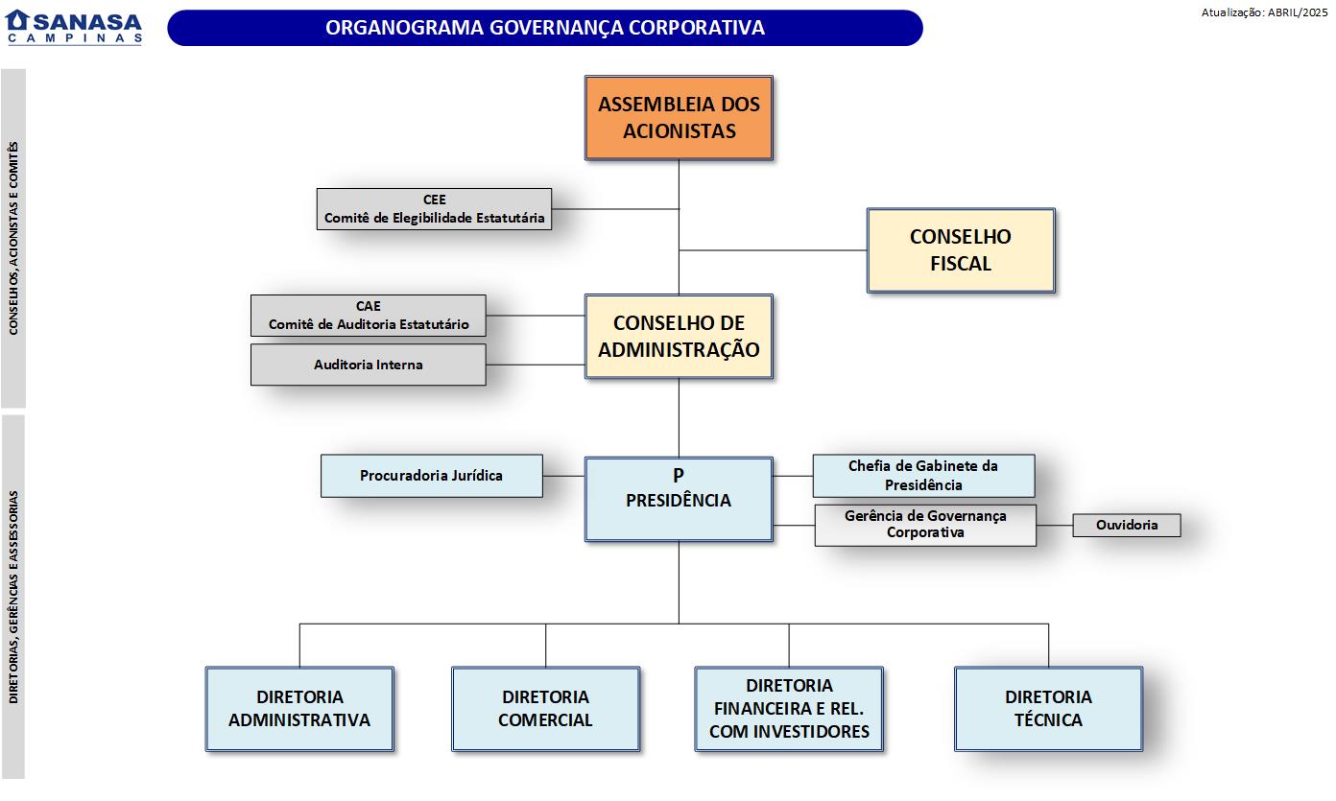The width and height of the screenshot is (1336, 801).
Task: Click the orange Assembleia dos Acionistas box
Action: coord(679,118)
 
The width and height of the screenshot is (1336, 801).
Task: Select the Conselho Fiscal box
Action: coord(960,249)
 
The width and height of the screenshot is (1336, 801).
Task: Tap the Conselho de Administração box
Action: coord(679,337)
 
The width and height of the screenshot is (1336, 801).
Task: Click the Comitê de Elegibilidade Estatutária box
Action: coord(434,209)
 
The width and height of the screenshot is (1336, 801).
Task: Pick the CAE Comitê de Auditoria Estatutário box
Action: coord(368,316)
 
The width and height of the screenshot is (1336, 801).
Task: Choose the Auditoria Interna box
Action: coord(368,365)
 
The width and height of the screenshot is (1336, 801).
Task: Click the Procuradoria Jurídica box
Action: coord(431,476)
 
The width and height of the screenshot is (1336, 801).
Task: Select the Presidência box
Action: coord(679,499)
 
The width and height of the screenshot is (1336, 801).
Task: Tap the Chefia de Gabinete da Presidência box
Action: coord(923,476)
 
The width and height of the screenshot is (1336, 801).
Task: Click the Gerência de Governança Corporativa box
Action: coord(925,525)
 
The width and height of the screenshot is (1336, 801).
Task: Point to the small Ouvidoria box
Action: coord(1126,525)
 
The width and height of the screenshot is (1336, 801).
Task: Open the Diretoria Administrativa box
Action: coord(299,709)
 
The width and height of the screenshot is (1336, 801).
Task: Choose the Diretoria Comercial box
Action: coord(545,709)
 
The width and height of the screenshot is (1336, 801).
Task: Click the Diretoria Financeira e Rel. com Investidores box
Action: coord(789,709)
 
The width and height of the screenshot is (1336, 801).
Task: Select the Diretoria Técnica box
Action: coord(1048,709)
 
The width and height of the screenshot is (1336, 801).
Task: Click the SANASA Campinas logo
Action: coord(74,27)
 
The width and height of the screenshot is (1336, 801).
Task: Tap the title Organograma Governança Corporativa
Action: coord(545,28)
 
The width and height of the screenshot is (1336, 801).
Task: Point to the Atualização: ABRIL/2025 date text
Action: coord(1264,12)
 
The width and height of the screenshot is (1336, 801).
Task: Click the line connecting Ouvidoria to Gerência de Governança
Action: coord(1054,526)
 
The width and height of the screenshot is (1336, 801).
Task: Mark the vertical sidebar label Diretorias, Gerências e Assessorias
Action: coord(13,597)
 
